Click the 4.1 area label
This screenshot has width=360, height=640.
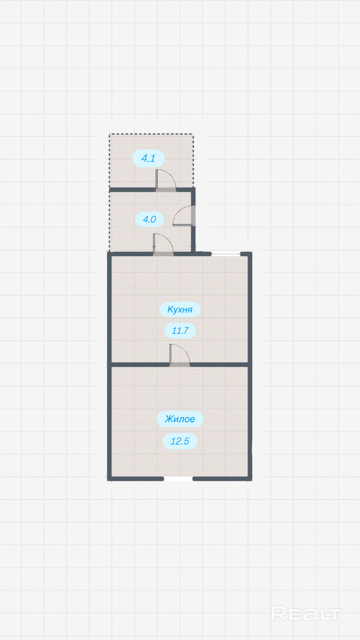148,158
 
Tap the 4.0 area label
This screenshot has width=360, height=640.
150,219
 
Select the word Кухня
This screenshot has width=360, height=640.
180,310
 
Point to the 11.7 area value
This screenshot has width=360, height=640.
180,330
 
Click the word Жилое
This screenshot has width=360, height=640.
180,419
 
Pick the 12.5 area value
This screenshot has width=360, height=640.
180,441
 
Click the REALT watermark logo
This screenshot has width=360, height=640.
306,613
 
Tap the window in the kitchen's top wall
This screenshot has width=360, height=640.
226,254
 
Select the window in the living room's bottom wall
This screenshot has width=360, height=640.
178,479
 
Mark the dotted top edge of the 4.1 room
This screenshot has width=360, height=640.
151,134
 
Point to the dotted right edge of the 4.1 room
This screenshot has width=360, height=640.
193,161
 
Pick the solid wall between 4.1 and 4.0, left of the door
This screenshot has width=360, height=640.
132,190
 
